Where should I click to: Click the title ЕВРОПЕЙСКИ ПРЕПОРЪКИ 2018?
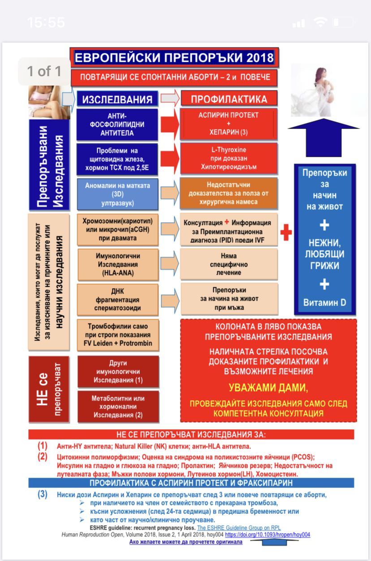point(174,57)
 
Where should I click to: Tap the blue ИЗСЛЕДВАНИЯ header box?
point(117,99)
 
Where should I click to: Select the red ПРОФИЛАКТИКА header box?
point(229,99)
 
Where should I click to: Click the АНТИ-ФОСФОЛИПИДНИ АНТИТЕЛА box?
point(117,124)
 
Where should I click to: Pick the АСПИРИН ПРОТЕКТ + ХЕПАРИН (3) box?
point(229,124)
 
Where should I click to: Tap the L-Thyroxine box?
point(229,158)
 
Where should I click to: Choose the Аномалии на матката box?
point(117,194)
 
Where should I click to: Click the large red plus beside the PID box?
point(286,232)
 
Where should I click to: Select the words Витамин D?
point(325,303)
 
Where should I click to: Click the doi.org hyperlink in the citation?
point(267,535)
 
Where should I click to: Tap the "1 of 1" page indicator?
point(44,71)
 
